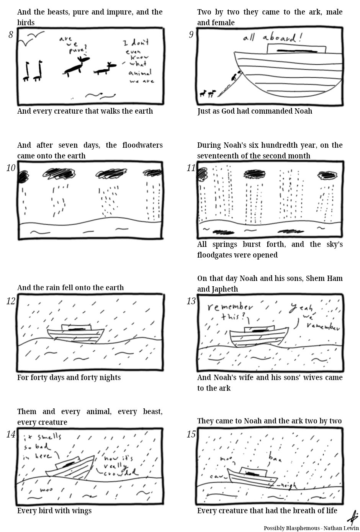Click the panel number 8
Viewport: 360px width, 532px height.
[x=11, y=35]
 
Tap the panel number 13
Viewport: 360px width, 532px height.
[x=191, y=301]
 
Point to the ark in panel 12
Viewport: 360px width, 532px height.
[x=75, y=333]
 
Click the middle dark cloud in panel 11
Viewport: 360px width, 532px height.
[x=254, y=175]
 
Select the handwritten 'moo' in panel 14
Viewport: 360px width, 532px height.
[x=46, y=490]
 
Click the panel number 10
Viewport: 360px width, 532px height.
[x=11, y=168]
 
